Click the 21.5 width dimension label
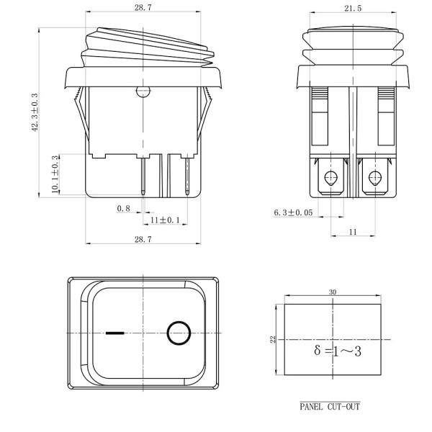(x=353, y=9)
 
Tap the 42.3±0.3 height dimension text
(x=35, y=112)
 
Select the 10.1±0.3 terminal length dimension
(x=55, y=174)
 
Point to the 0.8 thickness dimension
(x=123, y=209)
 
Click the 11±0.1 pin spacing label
(x=165, y=220)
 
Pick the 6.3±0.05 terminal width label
(x=293, y=212)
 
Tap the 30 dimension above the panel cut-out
(x=333, y=292)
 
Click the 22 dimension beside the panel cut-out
(x=272, y=339)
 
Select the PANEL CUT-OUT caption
(x=330, y=407)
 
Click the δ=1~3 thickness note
(x=338, y=351)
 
